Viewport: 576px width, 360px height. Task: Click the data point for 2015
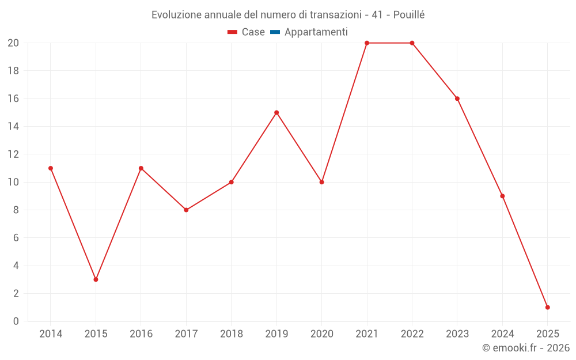pos(96,279)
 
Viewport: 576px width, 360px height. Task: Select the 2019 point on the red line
pos(276,112)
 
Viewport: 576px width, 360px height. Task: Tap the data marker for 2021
pos(367,43)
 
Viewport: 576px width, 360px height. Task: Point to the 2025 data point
pos(547,307)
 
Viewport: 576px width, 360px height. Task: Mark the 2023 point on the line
pos(457,98)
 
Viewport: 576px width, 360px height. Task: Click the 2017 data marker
pos(186,210)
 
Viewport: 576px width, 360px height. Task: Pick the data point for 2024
pos(502,196)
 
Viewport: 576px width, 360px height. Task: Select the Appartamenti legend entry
pos(316,32)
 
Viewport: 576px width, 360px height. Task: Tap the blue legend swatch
pos(275,32)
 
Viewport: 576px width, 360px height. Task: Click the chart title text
pos(287,15)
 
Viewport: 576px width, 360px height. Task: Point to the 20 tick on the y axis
pos(13,43)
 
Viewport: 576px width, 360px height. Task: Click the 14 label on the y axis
pos(13,127)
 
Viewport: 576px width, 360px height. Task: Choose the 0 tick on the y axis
pos(16,321)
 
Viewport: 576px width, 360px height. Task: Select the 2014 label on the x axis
pos(51,334)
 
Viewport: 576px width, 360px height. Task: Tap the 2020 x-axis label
pos(321,334)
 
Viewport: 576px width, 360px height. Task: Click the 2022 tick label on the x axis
pos(412,334)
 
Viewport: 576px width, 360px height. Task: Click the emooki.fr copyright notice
pos(525,348)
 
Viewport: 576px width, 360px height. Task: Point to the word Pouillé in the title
pos(409,15)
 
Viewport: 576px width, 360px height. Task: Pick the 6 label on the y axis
pos(16,238)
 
